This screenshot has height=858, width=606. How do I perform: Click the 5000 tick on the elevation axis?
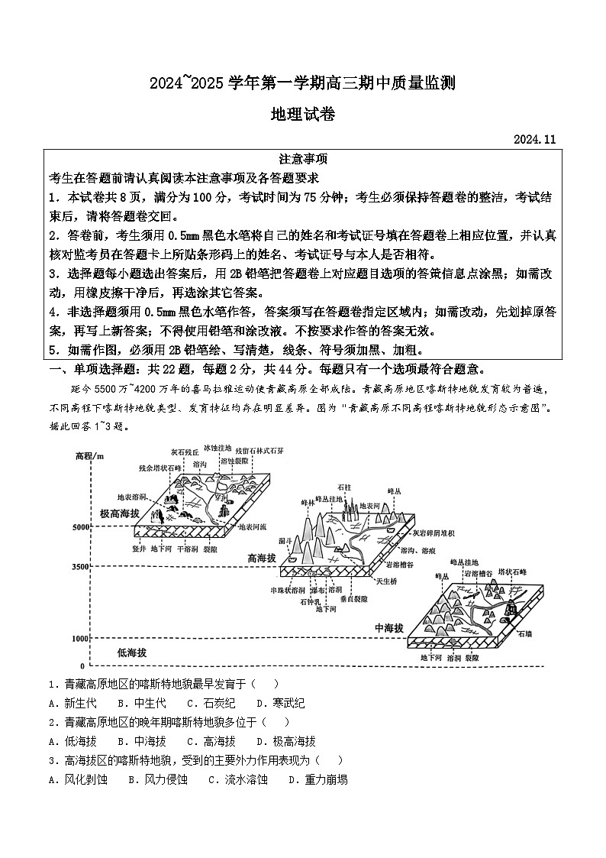79,528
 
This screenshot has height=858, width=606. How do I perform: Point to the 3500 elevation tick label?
79,568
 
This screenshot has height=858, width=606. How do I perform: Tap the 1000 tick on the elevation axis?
79,638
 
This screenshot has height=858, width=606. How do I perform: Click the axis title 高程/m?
91,456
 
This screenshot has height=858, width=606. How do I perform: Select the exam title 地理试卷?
303,115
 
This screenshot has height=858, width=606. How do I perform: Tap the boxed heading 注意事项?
303,159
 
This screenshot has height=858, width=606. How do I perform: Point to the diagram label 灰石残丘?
185,452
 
